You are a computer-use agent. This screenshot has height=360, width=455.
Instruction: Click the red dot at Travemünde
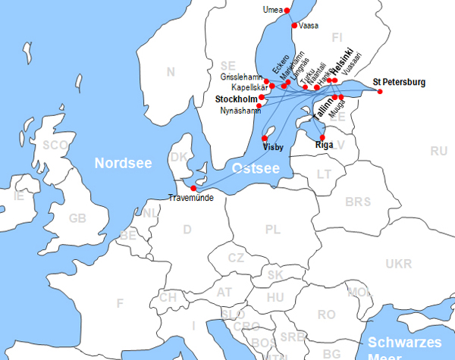click(193, 188)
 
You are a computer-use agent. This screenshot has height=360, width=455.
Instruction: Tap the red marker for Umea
click(286, 10)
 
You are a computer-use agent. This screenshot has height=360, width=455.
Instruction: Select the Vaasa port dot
click(294, 25)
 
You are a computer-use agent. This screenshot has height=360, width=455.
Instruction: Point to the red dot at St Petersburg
click(380, 92)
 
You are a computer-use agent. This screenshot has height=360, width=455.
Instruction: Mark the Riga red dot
click(322, 137)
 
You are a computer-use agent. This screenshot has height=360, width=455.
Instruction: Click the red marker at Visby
click(264, 139)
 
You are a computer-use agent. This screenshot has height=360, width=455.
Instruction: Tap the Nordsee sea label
click(123, 162)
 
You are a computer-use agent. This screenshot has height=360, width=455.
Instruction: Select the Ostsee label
click(254, 167)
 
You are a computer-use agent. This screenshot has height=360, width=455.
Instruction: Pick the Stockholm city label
click(236, 99)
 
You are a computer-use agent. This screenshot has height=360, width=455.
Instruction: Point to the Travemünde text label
click(190, 199)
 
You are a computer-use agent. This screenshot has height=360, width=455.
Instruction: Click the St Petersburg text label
click(400, 82)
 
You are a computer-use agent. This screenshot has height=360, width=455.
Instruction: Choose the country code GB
click(77, 218)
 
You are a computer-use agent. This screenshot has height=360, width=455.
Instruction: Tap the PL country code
click(273, 229)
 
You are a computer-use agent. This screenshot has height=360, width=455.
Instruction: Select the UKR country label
click(399, 264)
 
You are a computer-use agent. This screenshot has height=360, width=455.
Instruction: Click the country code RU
click(438, 151)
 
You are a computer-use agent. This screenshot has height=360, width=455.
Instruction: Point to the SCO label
click(55, 145)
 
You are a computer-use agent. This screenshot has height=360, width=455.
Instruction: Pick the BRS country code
click(358, 202)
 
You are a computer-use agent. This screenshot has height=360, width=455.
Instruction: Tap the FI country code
click(337, 37)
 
